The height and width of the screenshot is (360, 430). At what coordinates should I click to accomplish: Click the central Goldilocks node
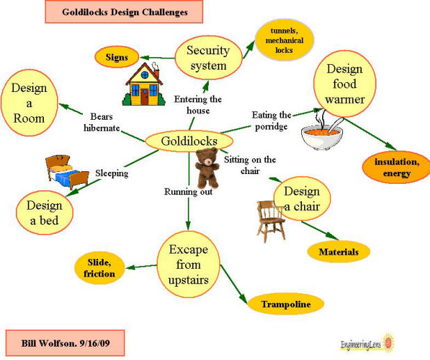[189, 141]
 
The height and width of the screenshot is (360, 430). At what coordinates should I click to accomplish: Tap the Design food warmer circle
[345, 84]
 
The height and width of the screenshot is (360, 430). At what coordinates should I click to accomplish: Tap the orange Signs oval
[117, 57]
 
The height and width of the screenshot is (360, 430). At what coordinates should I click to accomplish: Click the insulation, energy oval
[395, 167]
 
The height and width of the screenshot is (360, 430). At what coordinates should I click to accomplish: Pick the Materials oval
[338, 251]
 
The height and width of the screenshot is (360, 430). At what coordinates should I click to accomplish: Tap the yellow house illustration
[143, 85]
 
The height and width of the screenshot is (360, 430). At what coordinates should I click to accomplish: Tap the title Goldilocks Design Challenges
[124, 12]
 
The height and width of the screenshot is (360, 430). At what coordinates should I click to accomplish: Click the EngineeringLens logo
[367, 343]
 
